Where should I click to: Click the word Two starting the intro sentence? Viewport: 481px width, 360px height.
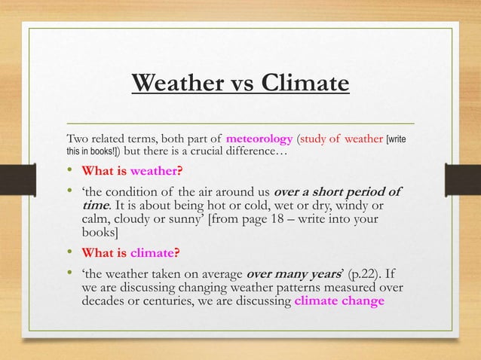point(78,139)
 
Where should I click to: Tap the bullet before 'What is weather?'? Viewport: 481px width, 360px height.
point(70,169)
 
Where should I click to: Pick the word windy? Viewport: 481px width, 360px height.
point(362,205)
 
